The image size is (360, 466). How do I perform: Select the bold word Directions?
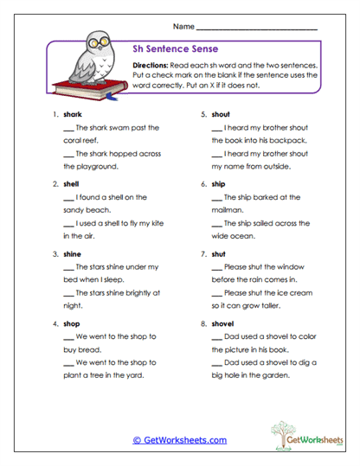coord(152,65)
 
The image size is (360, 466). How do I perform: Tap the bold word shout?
coord(221,113)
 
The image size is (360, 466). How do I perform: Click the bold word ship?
coord(218,183)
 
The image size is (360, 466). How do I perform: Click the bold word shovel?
coord(222,323)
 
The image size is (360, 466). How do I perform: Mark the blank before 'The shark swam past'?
coord(68,128)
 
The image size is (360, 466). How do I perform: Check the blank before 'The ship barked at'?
coord(216,198)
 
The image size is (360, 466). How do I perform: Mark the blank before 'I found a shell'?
coord(68,198)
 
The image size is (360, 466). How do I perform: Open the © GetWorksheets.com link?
coord(179,440)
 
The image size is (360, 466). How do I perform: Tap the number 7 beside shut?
coord(202,254)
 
